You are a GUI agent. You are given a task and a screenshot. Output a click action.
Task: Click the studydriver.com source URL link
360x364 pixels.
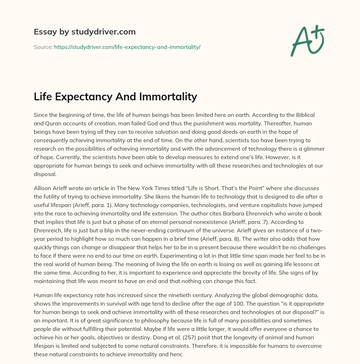pyautogui.click(x=127, y=47)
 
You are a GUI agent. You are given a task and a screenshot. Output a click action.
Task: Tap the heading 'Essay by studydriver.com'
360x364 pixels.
pyautogui.click(x=84, y=32)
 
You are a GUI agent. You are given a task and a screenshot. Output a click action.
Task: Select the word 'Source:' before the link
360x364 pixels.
pyautogui.click(x=43, y=47)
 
